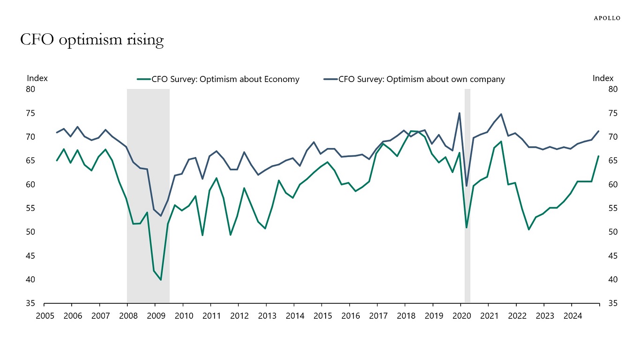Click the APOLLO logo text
(607, 18)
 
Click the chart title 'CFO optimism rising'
(92, 40)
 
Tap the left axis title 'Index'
(37, 78)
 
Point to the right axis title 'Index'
(603, 78)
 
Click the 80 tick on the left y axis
(31, 89)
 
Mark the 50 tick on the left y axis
(31, 232)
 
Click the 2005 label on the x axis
(44, 316)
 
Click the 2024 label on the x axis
(572, 316)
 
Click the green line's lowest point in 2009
(161, 280)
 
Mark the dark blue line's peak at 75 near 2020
(459, 113)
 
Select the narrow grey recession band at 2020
(467, 197)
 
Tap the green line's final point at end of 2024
(598, 156)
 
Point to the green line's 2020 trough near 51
(466, 227)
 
